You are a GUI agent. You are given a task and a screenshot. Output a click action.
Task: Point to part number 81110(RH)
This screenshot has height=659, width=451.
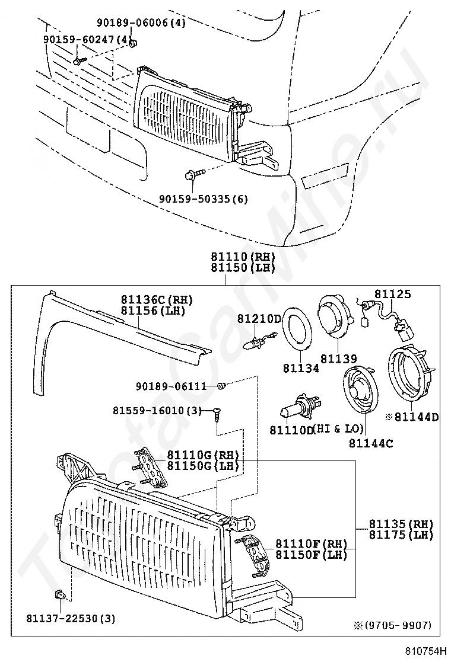tap(243, 257)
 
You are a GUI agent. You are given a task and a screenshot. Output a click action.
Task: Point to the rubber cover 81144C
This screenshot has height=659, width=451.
tap(360, 392)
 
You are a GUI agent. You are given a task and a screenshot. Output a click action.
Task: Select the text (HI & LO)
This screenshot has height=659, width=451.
tap(338, 428)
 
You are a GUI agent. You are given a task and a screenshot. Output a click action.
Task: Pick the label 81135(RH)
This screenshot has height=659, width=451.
tap(401, 524)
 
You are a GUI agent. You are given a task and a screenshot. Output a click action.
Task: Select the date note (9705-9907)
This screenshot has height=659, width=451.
tap(398, 625)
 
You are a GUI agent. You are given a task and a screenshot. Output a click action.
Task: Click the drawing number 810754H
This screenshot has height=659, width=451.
tap(425, 651)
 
